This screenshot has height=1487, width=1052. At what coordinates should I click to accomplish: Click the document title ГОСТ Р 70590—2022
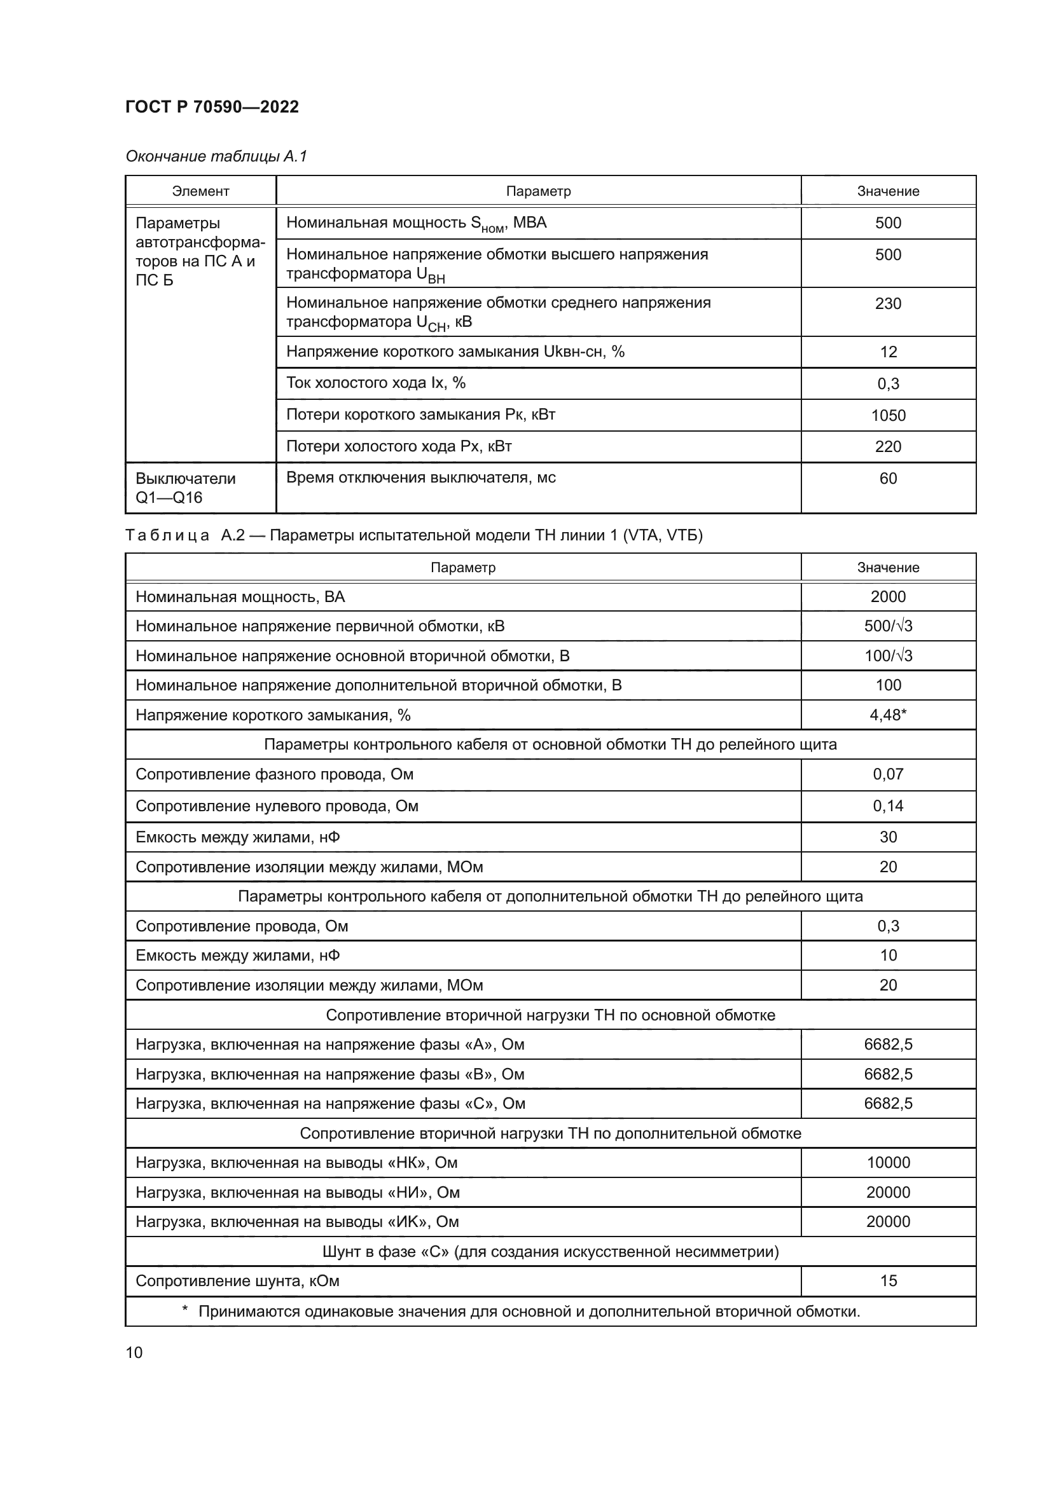212,107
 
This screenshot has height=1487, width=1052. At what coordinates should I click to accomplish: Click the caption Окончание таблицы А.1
216,156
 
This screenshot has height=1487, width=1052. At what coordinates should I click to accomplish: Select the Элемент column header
200,191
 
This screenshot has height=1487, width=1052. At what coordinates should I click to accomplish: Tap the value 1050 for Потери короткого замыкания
887,415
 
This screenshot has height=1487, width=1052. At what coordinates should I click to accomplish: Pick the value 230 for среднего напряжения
887,304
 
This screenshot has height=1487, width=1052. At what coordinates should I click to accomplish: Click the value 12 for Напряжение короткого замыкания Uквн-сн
887,352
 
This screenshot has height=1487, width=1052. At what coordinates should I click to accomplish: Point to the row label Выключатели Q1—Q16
185,488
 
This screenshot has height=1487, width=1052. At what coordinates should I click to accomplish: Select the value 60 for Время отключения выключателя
887,479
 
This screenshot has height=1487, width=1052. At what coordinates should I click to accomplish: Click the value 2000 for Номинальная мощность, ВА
887,596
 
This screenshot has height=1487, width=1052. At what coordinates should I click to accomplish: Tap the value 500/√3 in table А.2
887,626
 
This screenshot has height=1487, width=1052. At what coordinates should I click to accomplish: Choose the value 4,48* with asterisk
887,715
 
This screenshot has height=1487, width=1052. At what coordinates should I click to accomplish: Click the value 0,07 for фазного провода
887,774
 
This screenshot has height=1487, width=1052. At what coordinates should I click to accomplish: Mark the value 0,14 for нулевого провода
887,805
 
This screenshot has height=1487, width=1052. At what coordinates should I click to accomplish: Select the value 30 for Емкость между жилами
887,837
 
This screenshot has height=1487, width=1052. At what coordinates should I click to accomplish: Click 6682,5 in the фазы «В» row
887,1074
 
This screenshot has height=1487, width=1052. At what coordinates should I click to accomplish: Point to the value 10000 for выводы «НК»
887,1163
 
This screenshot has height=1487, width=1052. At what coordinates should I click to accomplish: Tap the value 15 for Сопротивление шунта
887,1280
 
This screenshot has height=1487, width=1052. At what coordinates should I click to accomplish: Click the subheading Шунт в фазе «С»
550,1251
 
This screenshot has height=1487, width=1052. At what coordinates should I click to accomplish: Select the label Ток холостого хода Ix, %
376,383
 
